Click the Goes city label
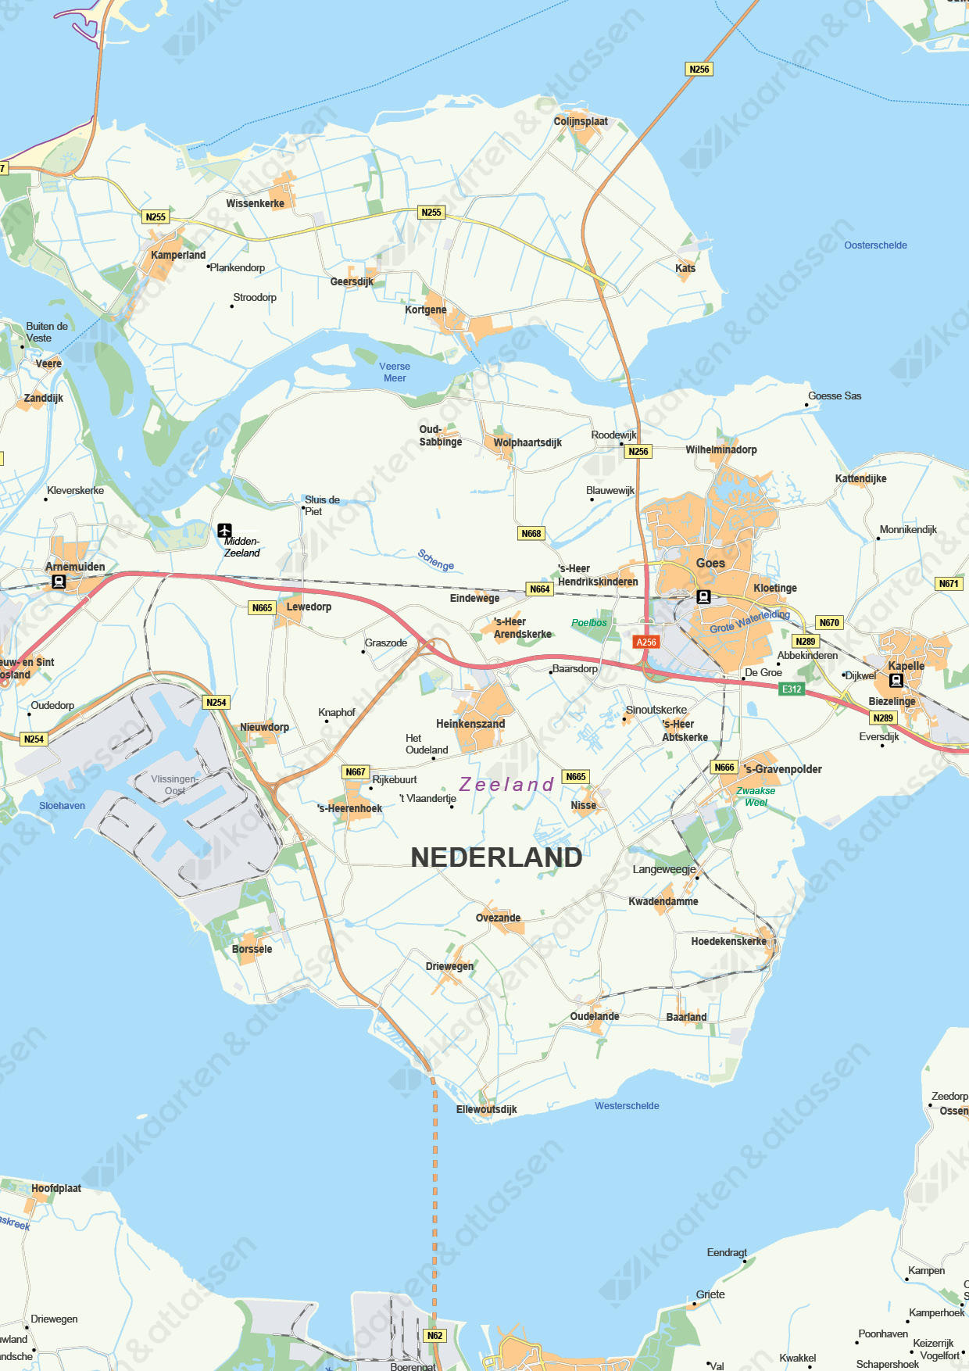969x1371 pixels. [710, 563]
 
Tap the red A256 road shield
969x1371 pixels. [646, 642]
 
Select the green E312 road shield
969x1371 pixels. [792, 689]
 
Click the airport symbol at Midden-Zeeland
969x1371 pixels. [225, 531]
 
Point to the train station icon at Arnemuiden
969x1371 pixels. [59, 582]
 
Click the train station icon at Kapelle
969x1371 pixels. [896, 680]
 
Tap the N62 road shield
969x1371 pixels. [434, 1335]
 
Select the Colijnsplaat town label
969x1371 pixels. [581, 121]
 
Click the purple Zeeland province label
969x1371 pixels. [506, 784]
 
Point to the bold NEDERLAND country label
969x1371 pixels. [496, 857]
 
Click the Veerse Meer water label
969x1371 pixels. [395, 372]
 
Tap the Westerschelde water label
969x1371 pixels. [627, 1105]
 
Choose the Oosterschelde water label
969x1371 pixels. [875, 245]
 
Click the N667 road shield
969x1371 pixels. [355, 771]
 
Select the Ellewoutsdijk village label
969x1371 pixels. [486, 1109]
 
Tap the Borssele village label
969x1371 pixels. [252, 949]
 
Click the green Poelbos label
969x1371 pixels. [588, 623]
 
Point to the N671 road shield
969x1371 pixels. [949, 583]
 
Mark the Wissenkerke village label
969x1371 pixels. [255, 203]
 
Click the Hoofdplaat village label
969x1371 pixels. [56, 1188]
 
